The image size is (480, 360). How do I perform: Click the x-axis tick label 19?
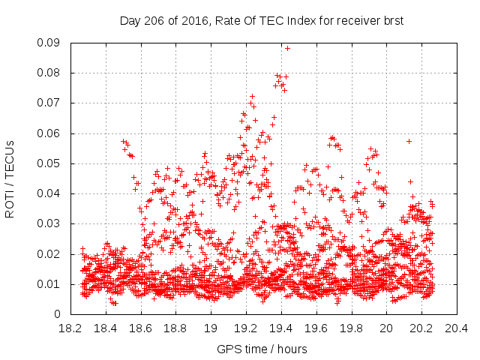pyautogui.click(x=211, y=328)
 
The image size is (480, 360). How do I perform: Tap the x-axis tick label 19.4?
pyautogui.click(x=281, y=328)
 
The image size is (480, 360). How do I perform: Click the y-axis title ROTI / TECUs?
pyautogui.click(x=10, y=178)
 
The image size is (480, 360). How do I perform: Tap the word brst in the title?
pyautogui.click(x=392, y=21)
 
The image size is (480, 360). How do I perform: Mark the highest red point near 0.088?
pyautogui.click(x=287, y=48)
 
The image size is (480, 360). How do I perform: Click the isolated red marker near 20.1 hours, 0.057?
pyautogui.click(x=409, y=141)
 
